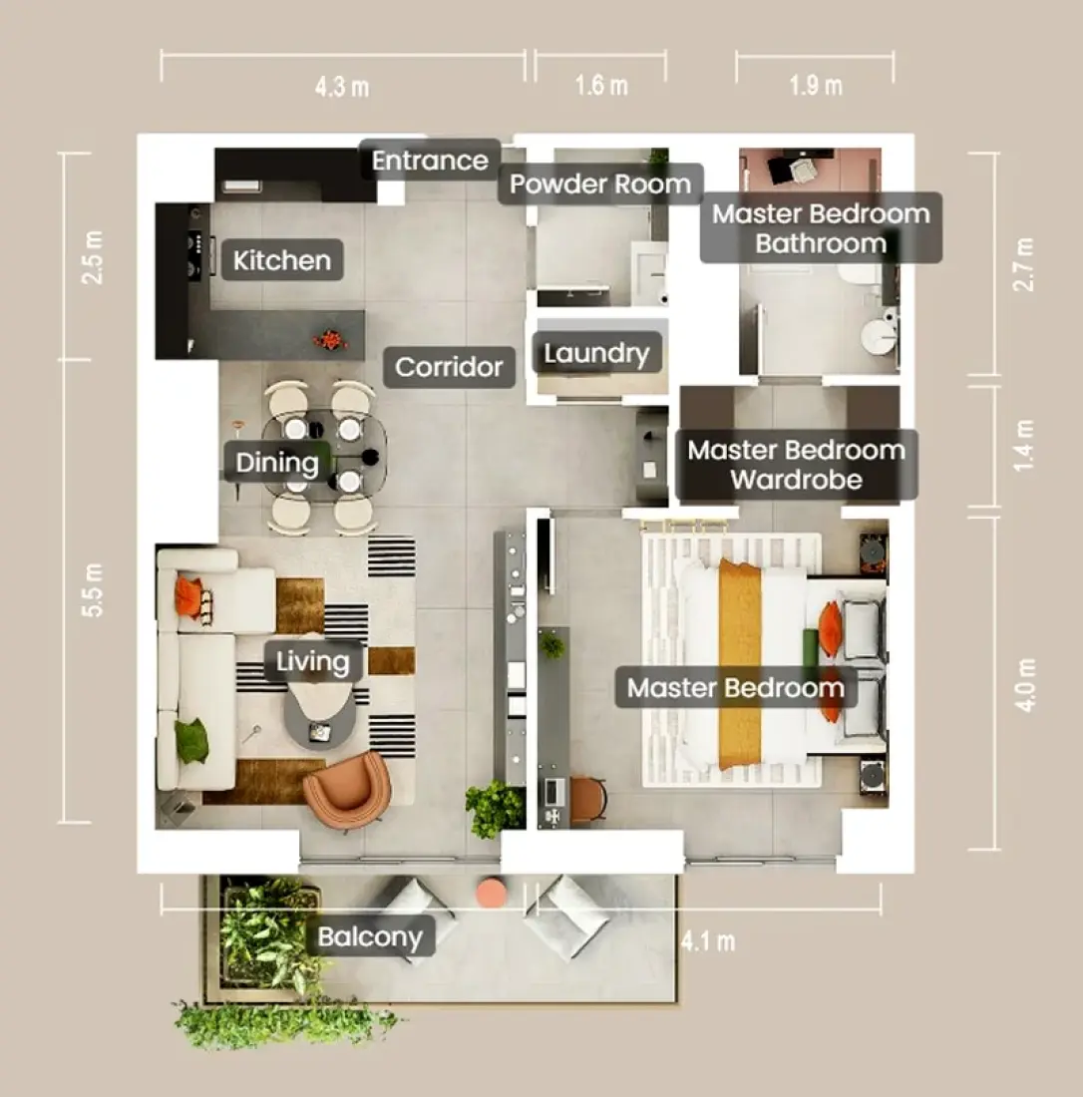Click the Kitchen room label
coord(282,260)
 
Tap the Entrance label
coord(430,161)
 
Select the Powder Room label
coord(600,184)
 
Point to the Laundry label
coord(596,353)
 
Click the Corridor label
coord(449,367)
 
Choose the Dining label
coord(277,463)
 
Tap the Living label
coord(313,661)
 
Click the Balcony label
coord(370,936)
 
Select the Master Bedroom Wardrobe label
coord(796,465)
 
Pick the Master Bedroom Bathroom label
coord(821,228)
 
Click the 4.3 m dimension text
coord(341,88)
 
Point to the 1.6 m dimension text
coord(601,86)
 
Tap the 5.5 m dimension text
coord(93,589)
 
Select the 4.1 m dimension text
coord(708,941)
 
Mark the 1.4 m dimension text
coord(1023,446)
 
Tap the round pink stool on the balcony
coord(491,892)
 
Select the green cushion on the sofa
coord(191,740)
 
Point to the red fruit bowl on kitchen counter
coord(330,340)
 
